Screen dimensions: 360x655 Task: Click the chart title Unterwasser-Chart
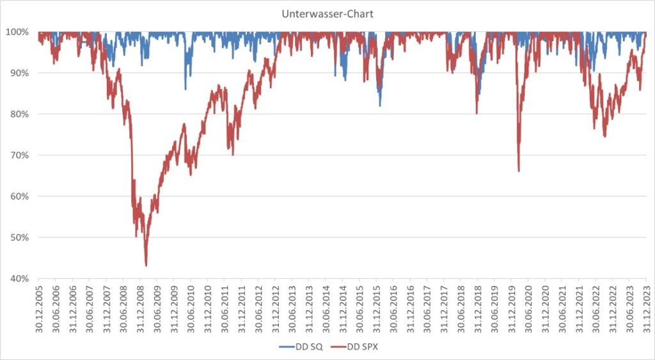327,13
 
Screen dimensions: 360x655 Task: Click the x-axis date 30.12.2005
39,306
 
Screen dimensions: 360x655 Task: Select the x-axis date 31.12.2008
140,306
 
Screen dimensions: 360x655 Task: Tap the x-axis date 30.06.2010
191,306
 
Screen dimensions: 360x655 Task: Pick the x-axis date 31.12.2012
275,306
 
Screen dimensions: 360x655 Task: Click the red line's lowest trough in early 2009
146,265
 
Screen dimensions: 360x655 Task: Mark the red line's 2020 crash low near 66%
518,171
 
